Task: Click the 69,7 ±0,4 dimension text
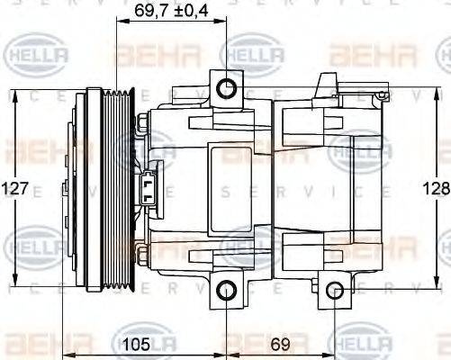click(x=172, y=12)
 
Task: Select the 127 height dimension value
click(x=16, y=189)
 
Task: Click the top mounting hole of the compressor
click(x=227, y=87)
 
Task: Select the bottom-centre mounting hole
click(x=227, y=291)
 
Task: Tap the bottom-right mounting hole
click(x=335, y=291)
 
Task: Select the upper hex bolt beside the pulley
click(x=143, y=123)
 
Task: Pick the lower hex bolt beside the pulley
click(x=143, y=256)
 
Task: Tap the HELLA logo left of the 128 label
click(x=360, y=150)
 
